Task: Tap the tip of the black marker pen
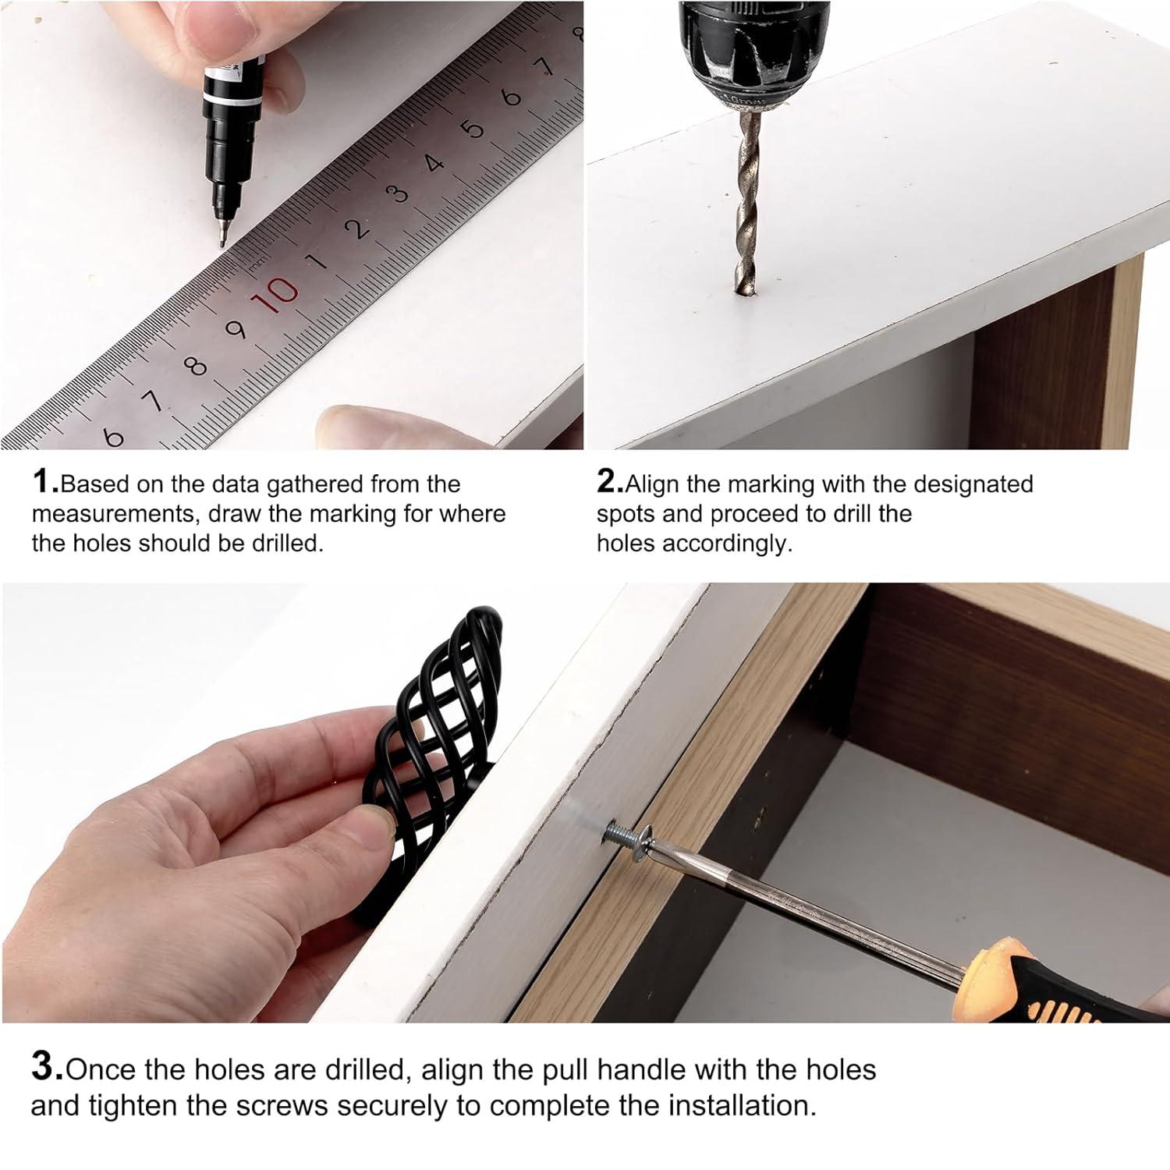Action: tap(222, 240)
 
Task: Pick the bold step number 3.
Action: tap(47, 1067)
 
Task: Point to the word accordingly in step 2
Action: tap(726, 544)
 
